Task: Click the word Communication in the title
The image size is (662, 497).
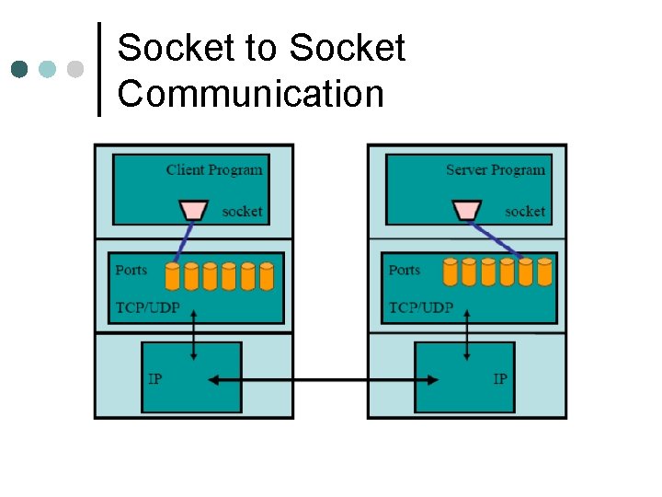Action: [x=250, y=94]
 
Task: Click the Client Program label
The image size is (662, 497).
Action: [x=214, y=169]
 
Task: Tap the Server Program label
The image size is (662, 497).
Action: [x=495, y=169]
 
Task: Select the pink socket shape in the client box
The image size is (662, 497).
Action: [x=193, y=211]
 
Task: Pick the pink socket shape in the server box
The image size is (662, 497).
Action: [x=467, y=211]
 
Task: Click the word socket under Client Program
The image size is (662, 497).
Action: [x=242, y=212]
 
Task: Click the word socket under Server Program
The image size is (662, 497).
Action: [x=525, y=212]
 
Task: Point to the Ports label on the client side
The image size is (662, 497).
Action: [x=131, y=270]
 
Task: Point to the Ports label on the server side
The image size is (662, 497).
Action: [x=405, y=270]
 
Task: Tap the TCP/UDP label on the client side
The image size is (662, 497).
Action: [x=146, y=307]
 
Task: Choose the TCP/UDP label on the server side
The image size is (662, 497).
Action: [x=421, y=307]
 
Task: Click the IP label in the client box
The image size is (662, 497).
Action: [x=155, y=379]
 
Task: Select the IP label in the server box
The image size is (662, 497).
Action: [x=500, y=379]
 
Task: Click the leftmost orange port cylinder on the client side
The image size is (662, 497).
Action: [x=172, y=276]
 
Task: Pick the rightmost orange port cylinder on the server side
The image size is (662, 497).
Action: [x=544, y=272]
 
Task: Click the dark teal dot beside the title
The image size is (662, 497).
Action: [x=19, y=70]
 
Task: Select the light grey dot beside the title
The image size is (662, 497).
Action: [x=75, y=70]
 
